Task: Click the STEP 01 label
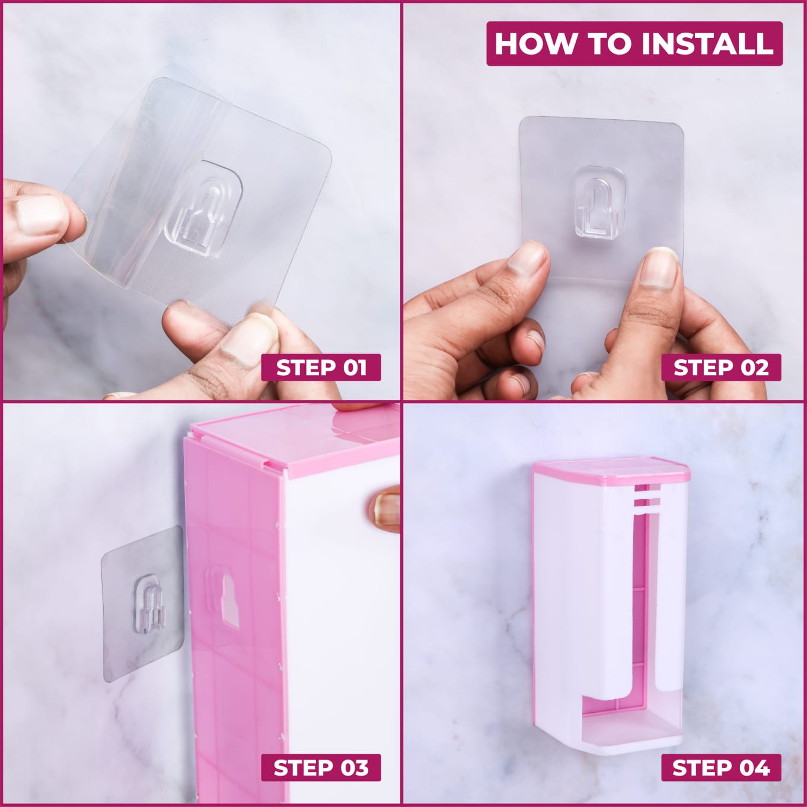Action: (321, 367)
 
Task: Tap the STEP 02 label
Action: (721, 367)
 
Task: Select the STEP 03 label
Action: (321, 768)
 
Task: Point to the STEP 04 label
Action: (721, 768)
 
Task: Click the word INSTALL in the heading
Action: (707, 43)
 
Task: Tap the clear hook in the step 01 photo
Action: (204, 208)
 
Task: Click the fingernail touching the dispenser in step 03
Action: (387, 508)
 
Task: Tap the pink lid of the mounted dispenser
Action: (611, 470)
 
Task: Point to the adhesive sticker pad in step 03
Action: (143, 604)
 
